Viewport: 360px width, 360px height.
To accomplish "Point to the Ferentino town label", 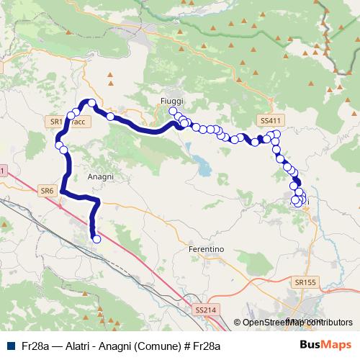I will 206,248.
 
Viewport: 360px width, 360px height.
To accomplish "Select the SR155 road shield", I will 305,284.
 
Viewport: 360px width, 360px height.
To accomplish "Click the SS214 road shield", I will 205,310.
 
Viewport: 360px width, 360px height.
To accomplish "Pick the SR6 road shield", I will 48,191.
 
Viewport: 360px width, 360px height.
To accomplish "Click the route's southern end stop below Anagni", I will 96,239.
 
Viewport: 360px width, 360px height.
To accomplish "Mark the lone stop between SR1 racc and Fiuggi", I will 111,116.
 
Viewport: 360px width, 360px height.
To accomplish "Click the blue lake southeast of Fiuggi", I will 204,168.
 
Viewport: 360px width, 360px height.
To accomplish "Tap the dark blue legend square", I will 11,346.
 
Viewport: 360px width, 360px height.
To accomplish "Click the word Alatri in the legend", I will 77,346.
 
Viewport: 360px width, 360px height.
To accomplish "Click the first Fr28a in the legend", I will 34,346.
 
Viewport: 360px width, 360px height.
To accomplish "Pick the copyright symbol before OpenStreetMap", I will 238,322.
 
